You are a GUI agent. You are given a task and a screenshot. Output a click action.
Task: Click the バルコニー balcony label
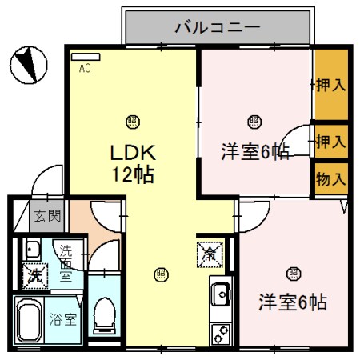click(218, 30)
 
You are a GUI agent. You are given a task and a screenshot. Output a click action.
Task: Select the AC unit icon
click(85, 58)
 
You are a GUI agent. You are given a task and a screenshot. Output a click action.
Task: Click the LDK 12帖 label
click(132, 162)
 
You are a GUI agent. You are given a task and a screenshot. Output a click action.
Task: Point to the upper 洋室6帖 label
click(254, 152)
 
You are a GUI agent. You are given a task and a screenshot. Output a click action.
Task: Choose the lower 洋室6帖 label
click(292, 303)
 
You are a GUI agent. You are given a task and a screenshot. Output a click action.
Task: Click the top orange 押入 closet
click(330, 84)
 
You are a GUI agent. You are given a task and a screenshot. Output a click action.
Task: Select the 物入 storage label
click(330, 178)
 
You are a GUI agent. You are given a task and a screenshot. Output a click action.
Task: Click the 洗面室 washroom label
click(66, 262)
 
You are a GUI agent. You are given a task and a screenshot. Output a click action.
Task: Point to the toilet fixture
click(103, 315)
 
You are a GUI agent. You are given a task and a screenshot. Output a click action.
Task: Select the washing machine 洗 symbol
click(34, 274)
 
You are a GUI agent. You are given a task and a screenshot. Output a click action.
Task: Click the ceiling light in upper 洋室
click(254, 122)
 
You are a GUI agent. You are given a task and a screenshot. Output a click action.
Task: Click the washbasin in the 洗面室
click(33, 247)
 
